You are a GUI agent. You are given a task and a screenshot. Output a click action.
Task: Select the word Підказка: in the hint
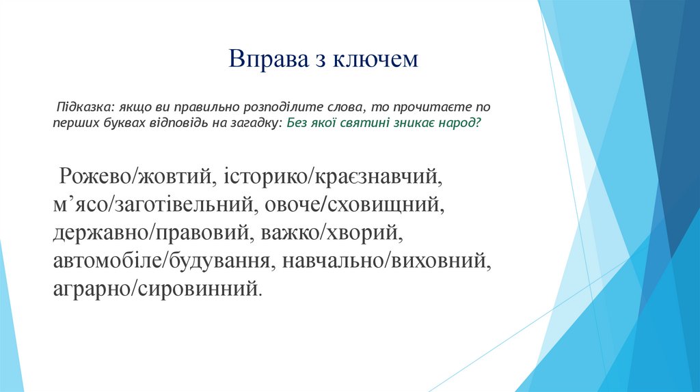tap(85, 109)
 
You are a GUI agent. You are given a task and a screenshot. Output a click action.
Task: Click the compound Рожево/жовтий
tap(133, 177)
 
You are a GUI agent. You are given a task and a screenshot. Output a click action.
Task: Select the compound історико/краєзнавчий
tap(329, 177)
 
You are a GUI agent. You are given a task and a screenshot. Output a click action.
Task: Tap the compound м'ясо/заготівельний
tap(154, 205)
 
